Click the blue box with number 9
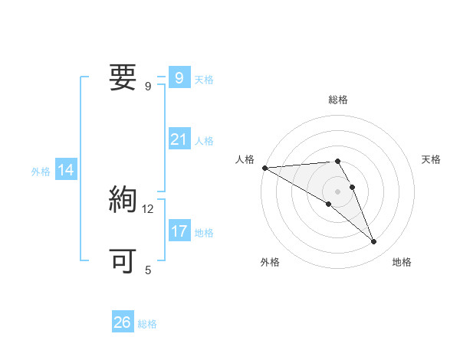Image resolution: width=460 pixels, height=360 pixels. [179, 77]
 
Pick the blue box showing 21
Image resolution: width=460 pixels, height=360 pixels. [179, 139]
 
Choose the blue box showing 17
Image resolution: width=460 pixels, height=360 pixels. [179, 231]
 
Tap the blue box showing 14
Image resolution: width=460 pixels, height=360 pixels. [66, 170]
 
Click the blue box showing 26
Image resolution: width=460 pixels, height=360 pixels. [123, 322]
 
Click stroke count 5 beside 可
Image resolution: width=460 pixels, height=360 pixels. [148, 270]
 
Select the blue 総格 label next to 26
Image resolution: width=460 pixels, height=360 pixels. [147, 324]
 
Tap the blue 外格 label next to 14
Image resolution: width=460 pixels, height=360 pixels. [41, 172]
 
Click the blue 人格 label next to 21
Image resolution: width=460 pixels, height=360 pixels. [204, 141]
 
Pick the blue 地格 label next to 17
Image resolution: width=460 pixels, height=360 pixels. [204, 232]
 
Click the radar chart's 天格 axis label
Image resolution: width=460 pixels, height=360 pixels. [432, 159]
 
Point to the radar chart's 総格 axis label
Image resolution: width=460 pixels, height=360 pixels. [338, 100]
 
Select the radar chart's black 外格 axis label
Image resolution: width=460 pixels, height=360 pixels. [270, 262]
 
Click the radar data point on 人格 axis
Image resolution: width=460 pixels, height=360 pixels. [264, 167]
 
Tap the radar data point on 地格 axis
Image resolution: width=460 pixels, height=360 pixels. [374, 242]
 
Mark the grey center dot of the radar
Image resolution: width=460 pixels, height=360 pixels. [337, 191]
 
